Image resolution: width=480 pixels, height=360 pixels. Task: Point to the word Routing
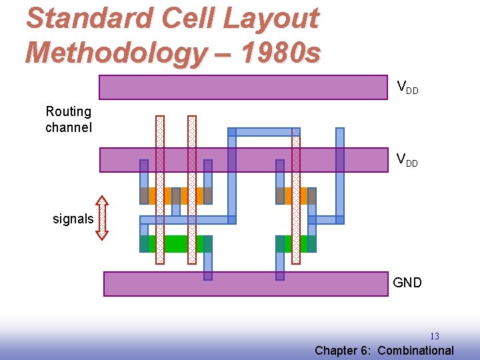tap(68, 111)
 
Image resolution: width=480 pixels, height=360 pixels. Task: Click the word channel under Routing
tap(68, 127)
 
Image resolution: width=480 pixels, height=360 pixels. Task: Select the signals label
tap(73, 219)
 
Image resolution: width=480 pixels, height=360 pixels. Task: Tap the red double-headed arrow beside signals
tap(101, 217)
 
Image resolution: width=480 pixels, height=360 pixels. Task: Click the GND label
tap(407, 283)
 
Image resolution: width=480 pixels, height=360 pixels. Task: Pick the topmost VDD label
tap(407, 87)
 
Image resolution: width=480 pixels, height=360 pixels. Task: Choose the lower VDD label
tap(407, 160)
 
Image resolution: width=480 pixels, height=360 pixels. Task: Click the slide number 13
tap(434, 336)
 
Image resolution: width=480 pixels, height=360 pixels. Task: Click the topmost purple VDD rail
tap(243, 87)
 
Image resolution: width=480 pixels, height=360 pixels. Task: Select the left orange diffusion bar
tap(176, 195)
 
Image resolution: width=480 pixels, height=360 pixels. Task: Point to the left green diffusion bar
tap(176, 244)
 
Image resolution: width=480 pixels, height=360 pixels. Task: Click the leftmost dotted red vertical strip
tap(160, 190)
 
